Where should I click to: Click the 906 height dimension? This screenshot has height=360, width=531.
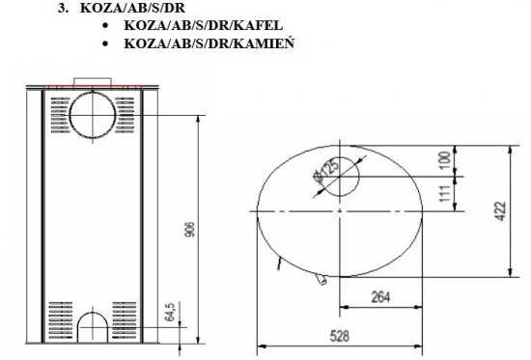pos(188,229)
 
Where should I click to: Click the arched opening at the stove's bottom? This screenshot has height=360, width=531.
pos(95,327)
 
